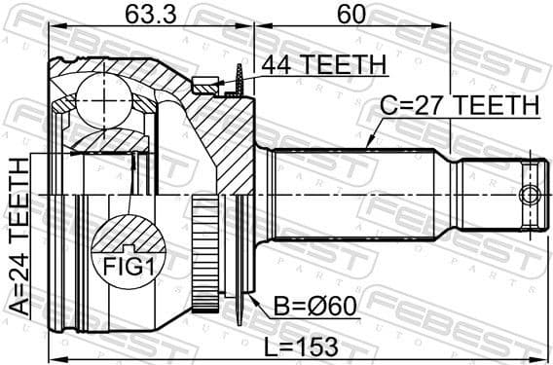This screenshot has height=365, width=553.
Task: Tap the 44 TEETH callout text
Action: pyautogui.click(x=323, y=65)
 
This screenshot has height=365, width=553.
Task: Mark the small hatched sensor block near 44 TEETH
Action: pyautogui.click(x=205, y=86)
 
